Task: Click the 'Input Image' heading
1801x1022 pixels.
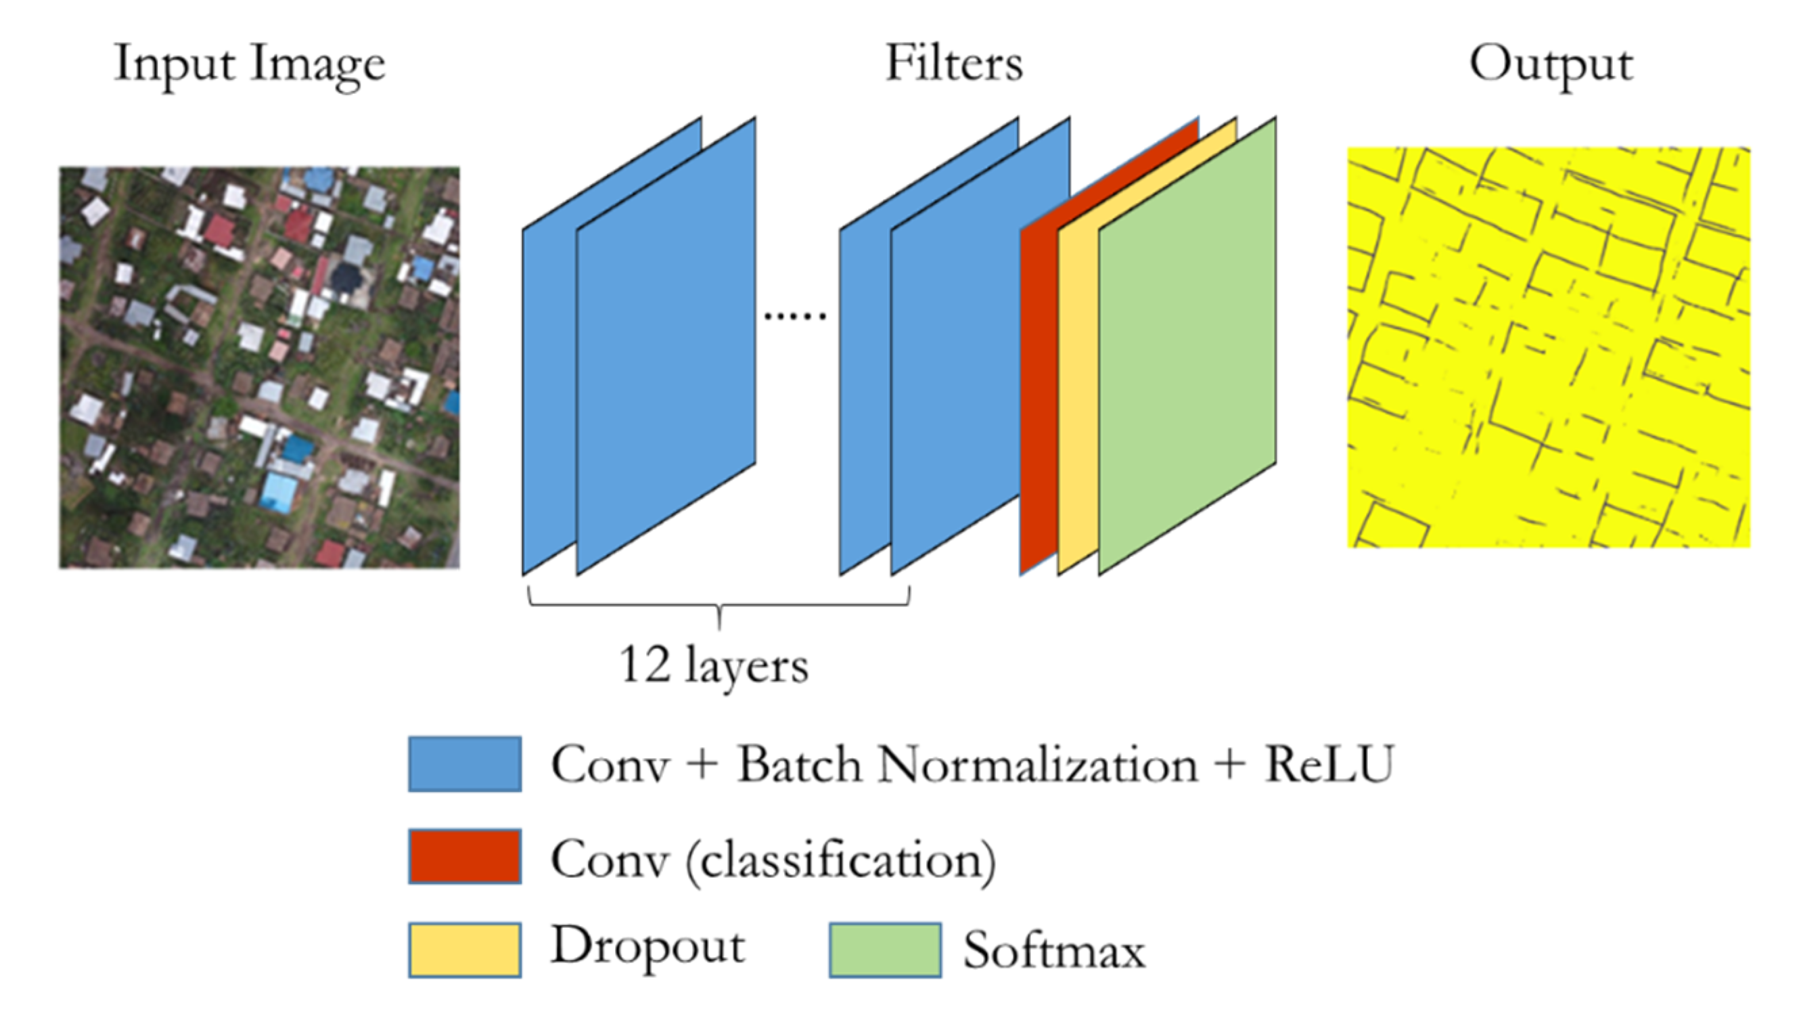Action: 250,64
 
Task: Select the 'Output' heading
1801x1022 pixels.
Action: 1551,64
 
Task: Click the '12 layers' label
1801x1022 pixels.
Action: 714,665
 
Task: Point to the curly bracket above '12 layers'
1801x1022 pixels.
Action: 719,605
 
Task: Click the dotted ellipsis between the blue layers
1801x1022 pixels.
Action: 795,317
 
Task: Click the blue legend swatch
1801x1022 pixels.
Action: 464,764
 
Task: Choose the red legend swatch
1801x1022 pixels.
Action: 464,856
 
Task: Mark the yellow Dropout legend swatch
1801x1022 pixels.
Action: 464,950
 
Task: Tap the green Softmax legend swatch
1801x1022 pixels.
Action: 885,950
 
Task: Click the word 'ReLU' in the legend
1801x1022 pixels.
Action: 1328,764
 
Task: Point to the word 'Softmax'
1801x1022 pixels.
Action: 1054,951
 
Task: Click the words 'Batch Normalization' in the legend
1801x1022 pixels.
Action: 967,764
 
